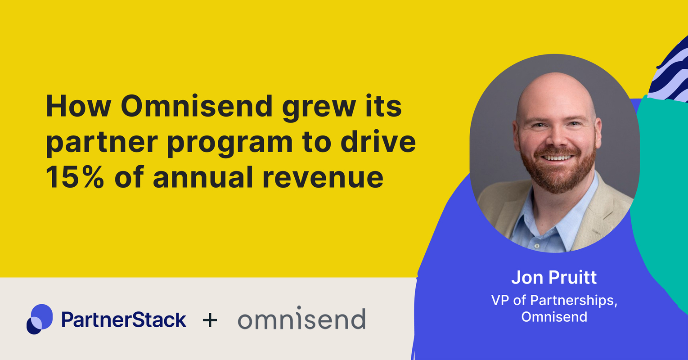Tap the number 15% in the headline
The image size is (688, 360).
coord(75,177)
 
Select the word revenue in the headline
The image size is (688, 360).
coord(323,177)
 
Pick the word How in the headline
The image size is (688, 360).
coord(79,107)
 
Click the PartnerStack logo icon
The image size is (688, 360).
coord(40,319)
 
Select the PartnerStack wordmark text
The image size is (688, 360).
coord(124,320)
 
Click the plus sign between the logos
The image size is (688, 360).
coord(210,320)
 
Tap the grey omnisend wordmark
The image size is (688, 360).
coord(301,319)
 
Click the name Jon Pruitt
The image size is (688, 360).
coord(554,278)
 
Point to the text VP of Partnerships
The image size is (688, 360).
coord(554,300)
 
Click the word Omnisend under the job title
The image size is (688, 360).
coord(554,317)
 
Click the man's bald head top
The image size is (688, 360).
coord(556,85)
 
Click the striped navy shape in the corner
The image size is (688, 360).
coord(670,74)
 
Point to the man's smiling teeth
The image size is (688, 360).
coord(557,157)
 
